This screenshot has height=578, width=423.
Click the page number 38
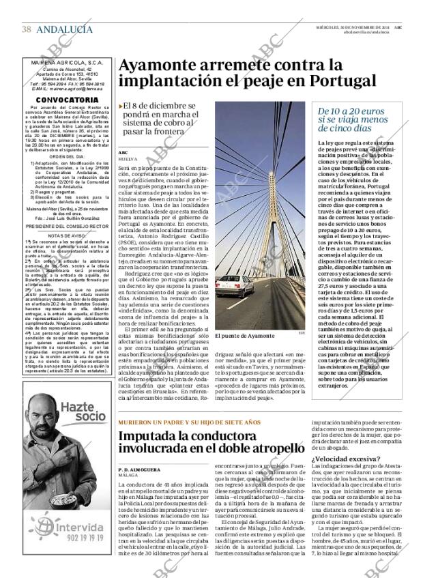click(x=27, y=29)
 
